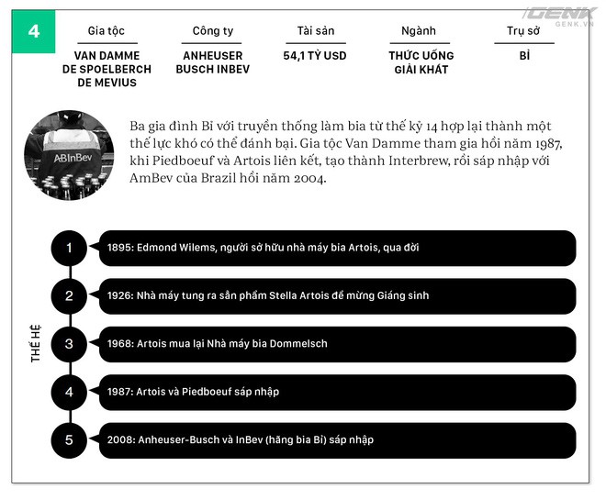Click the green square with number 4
34,31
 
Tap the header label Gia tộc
107,31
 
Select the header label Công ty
213,31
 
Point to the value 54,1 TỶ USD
315,56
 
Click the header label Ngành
419,31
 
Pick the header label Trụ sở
523,31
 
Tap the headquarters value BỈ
524,56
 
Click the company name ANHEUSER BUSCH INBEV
213,62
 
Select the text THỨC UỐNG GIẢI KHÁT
421,62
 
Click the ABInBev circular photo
69,155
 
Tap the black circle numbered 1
69,248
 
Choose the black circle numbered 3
69,344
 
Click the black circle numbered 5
69,440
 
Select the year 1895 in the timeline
119,248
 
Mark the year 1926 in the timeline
120,295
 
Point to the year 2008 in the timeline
120,439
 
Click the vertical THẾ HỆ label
36,344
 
